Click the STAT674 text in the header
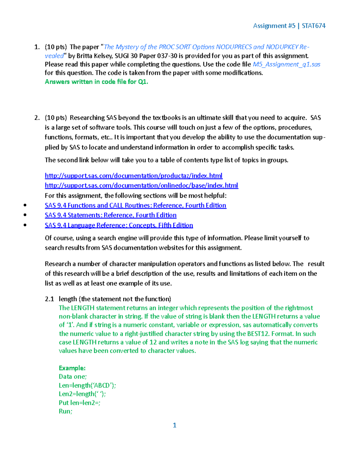click(313, 26)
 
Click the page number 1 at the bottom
click(175, 425)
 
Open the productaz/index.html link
click(133, 176)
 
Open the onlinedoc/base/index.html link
click(141, 185)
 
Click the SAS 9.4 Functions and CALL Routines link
click(135, 205)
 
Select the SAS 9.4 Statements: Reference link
click(110, 215)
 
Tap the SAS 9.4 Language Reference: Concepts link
click(119, 225)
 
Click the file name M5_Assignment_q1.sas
click(286, 64)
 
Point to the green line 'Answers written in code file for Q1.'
click(96, 82)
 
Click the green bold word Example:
click(72, 368)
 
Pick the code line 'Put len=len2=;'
click(79, 403)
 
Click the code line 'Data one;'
click(73, 377)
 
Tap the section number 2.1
click(49, 299)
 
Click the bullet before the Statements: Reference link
click(25, 215)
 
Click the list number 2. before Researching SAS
click(37, 118)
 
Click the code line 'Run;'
click(65, 411)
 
